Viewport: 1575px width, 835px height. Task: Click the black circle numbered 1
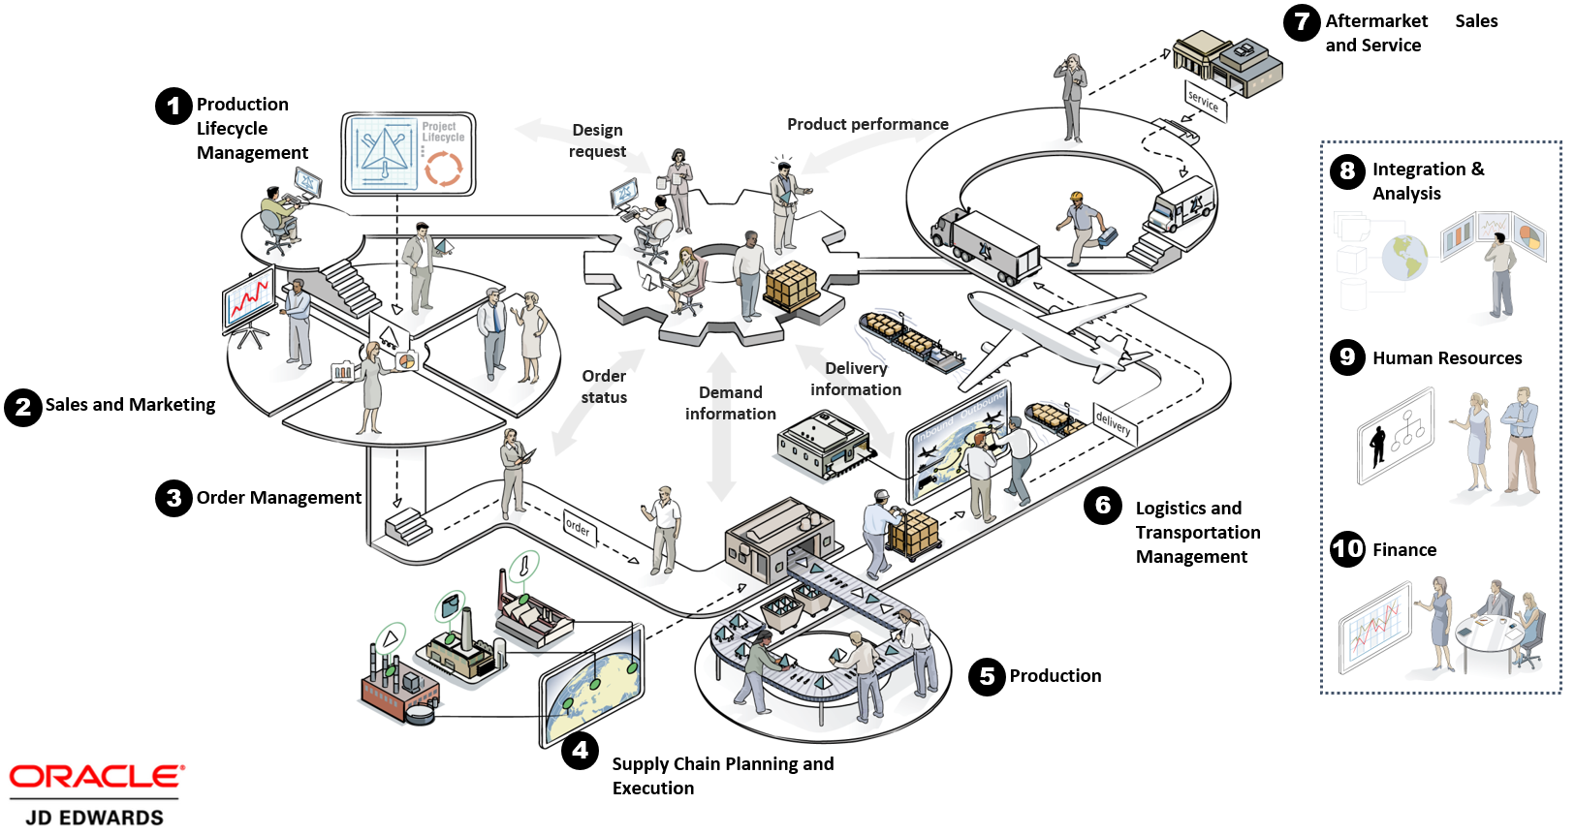(173, 107)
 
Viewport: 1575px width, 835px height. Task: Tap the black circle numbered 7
(1302, 22)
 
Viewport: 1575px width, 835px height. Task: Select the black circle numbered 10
(1347, 548)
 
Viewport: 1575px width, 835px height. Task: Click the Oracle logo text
(96, 777)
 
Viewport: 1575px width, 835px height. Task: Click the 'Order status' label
(604, 387)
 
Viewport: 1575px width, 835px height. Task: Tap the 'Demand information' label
(731, 403)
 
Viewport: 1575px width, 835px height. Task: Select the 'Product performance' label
(867, 124)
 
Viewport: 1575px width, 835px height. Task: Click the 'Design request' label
(597, 140)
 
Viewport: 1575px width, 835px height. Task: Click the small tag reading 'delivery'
(1114, 423)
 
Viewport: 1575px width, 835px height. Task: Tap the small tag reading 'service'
(1205, 103)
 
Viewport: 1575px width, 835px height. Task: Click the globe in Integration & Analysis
(1404, 258)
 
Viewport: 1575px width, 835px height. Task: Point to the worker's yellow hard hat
(1076, 197)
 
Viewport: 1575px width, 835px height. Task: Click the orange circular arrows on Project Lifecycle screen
(443, 169)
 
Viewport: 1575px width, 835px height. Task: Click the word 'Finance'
(1404, 549)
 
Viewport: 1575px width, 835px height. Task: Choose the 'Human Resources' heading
(1447, 358)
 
